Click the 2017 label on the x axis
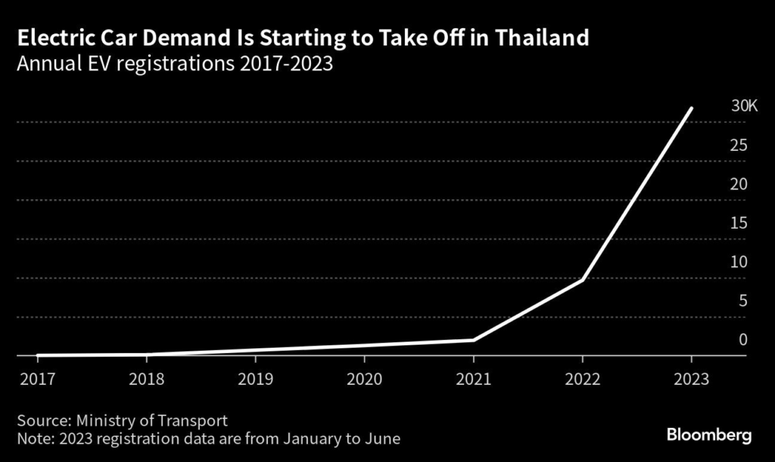36,379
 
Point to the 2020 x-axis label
364,379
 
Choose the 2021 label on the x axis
473,379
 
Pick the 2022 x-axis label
582,379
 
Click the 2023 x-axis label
691,379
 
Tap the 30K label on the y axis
744,106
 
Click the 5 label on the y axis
743,301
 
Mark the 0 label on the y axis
743,339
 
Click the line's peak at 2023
691,108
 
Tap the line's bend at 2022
582,279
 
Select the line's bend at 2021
474,339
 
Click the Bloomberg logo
708,435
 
